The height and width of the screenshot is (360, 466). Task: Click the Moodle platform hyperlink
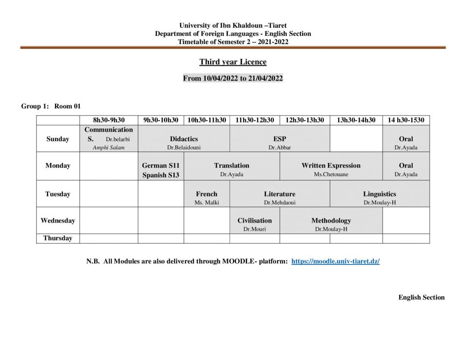335,262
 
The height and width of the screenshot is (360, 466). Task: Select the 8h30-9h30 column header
109,120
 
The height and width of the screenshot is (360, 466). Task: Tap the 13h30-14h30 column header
356,120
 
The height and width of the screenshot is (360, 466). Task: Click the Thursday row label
58,238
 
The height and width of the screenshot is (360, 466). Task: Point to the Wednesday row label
58,221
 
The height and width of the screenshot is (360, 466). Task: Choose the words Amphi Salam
108,147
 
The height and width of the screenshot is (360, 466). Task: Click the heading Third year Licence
233,62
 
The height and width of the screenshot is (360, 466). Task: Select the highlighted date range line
233,78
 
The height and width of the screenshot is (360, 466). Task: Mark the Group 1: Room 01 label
51,106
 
